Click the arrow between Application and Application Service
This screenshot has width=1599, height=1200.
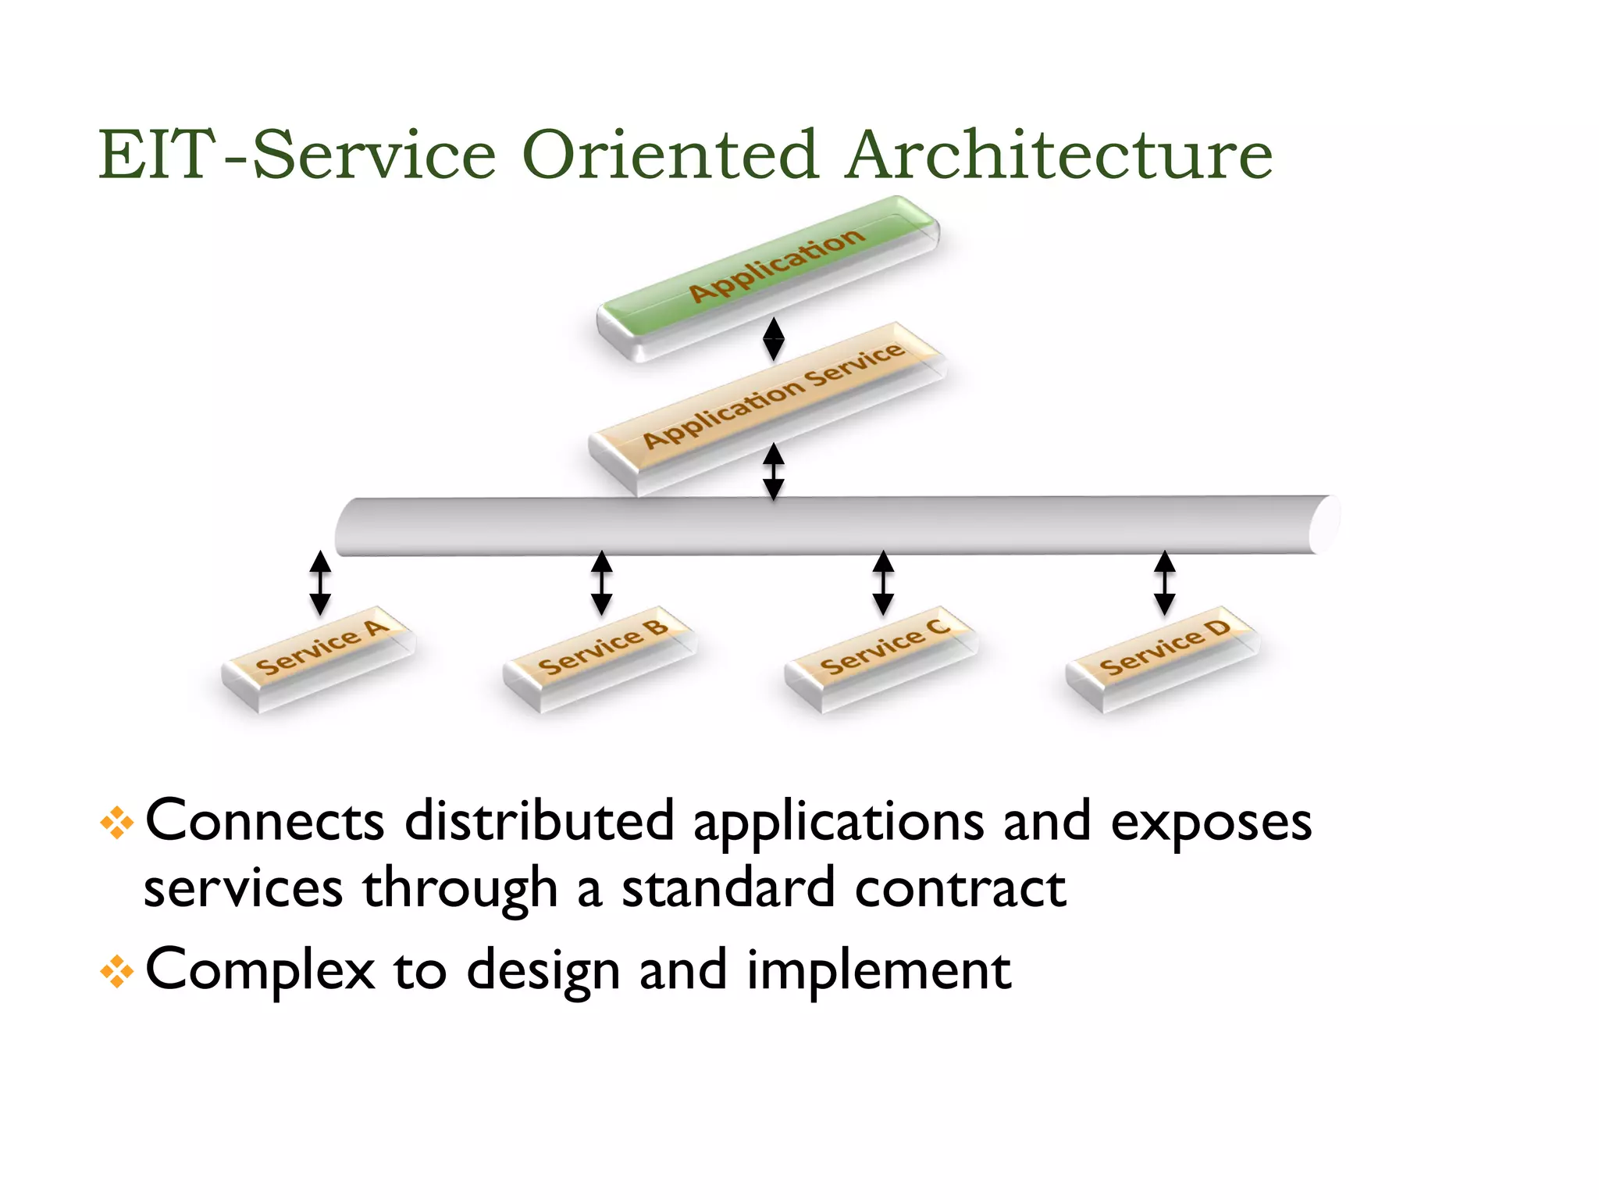pyautogui.click(x=773, y=338)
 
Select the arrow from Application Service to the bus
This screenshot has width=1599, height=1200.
pyautogui.click(x=773, y=471)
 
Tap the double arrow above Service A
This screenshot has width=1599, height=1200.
pyautogui.click(x=320, y=583)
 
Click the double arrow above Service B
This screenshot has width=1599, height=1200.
pyautogui.click(x=601, y=583)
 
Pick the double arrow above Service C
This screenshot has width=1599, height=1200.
pyautogui.click(x=883, y=583)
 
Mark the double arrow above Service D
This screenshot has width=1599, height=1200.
pyautogui.click(x=1164, y=583)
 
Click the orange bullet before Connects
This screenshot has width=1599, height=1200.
pyautogui.click(x=117, y=823)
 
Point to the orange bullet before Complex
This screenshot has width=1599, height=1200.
pyautogui.click(x=117, y=972)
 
